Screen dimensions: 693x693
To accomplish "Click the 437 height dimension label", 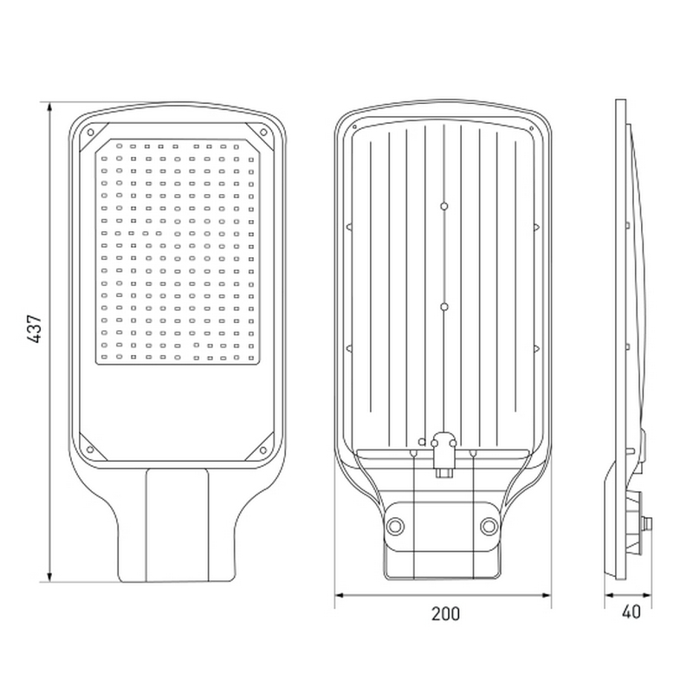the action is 35,329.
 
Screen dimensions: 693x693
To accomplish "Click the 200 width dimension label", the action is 445,614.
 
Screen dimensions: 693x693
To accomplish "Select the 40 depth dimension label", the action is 631,612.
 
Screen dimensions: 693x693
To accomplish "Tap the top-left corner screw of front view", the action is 91,133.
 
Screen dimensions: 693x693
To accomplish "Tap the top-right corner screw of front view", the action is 263,133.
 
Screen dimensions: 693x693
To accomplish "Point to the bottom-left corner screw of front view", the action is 91,450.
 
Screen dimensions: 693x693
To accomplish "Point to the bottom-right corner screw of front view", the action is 263,450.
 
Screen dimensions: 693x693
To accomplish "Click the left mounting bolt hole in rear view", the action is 395,526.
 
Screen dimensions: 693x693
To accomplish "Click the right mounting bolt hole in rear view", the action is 489,526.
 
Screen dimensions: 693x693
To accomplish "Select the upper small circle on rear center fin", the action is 444,206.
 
